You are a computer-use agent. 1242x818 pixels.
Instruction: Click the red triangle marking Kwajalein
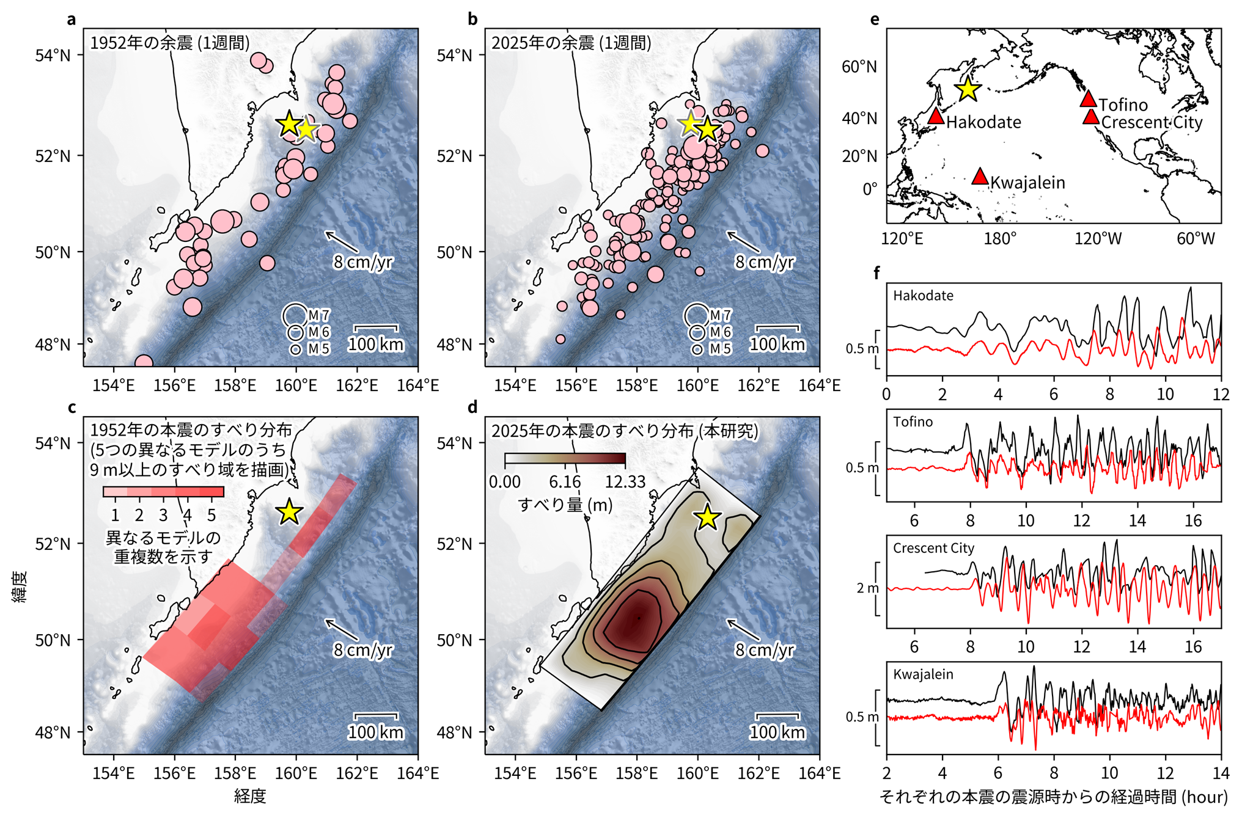pos(980,177)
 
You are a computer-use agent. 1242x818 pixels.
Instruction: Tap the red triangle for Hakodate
pos(936,116)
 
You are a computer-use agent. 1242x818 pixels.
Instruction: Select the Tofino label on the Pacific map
pos(1123,105)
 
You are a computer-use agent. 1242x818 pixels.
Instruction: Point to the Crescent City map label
pos(1152,122)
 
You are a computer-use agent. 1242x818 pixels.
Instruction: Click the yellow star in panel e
pos(968,89)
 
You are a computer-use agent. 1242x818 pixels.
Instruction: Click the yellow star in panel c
pos(289,512)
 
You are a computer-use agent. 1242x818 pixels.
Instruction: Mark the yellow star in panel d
pos(708,517)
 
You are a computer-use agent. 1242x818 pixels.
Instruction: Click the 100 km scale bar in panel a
pos(376,328)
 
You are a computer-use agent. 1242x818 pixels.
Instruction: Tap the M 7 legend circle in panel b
pos(697,315)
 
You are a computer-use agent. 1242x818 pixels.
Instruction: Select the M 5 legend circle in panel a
pos(296,349)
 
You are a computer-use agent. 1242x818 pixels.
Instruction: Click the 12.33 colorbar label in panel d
pos(625,482)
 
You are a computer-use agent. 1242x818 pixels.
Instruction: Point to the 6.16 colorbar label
pos(565,482)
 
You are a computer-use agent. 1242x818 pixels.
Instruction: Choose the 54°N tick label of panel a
pos(53,56)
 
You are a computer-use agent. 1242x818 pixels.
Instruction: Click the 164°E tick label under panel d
pos(820,773)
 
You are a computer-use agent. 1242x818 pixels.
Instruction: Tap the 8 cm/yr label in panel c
pos(362,649)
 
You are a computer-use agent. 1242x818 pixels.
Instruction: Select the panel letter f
pos(876,272)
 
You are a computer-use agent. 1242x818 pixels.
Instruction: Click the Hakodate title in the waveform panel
pos(923,296)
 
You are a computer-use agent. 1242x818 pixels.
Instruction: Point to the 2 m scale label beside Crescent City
pos(867,588)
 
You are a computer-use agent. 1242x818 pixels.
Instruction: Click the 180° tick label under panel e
pos(1000,238)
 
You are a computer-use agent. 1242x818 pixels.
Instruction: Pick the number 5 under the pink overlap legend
pos(211,515)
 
